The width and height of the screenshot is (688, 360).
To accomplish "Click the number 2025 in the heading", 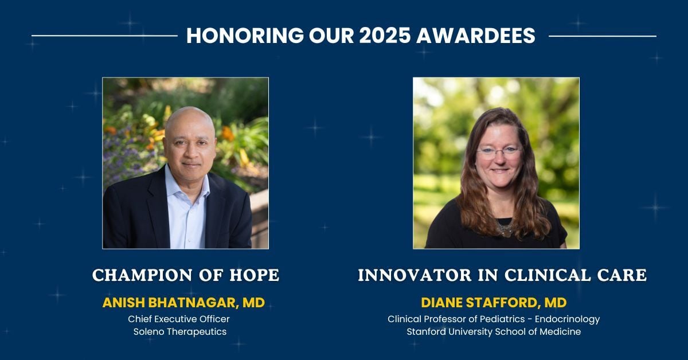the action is click(385, 36).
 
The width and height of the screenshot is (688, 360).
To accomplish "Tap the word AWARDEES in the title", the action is click(476, 36).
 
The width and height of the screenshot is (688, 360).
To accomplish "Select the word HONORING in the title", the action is click(245, 36).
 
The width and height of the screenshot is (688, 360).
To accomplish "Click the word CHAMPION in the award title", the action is click(143, 275).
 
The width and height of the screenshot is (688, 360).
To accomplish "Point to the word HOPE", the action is click(255, 275).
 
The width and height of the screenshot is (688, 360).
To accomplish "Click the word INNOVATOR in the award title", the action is click(415, 275).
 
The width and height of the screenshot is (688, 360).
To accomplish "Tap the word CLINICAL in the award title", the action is click(548, 275).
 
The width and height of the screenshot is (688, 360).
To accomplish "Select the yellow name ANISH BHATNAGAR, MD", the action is click(183, 303).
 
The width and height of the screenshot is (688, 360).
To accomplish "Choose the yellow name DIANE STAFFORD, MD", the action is click(494, 303).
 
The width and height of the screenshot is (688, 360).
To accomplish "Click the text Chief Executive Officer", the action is click(179, 319).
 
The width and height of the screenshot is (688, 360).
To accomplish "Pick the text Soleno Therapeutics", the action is click(180, 332).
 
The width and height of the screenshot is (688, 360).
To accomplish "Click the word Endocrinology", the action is click(567, 319).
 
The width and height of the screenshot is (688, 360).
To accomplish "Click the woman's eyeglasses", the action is click(499, 152).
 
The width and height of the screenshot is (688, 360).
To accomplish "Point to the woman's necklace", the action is click(505, 228).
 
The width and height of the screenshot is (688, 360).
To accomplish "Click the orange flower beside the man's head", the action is click(228, 134).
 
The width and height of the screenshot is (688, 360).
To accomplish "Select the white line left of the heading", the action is click(104, 36).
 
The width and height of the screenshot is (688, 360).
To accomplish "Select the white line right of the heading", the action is click(603, 36).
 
